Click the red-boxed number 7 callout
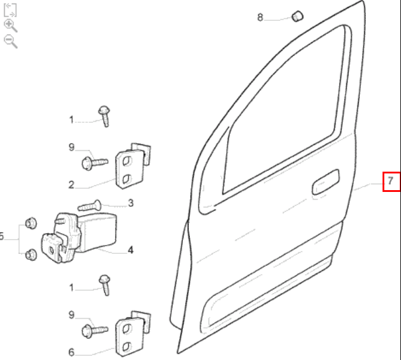point(391,181)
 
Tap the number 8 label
point(260,17)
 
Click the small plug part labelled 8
point(297,16)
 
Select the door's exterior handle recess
point(325,182)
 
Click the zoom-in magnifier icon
point(11,26)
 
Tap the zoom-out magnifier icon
point(11,42)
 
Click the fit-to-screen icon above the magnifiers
point(10,10)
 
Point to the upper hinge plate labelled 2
point(133,166)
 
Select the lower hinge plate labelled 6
point(133,334)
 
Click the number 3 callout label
point(130,203)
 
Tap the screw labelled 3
point(89,206)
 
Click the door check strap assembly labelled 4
point(79,237)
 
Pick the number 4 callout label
point(130,250)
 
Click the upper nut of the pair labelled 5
point(31,224)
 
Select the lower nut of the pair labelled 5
point(31,255)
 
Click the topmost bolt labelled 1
point(105,116)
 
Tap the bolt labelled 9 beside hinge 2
point(95,163)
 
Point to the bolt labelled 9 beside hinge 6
point(95,331)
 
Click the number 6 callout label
point(72,352)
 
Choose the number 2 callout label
point(72,185)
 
